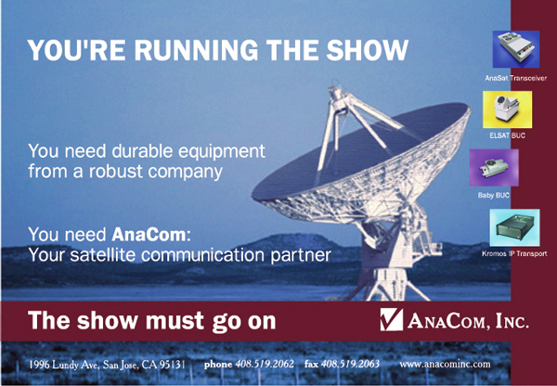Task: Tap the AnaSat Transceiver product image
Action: (x=516, y=49)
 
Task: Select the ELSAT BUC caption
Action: (x=507, y=135)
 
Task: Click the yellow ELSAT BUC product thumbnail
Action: (x=507, y=109)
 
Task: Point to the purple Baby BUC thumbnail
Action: (x=494, y=168)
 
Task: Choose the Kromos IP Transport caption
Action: (x=514, y=253)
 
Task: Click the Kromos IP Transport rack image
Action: (x=514, y=227)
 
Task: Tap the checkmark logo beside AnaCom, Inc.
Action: (x=392, y=319)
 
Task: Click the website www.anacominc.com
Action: (x=445, y=364)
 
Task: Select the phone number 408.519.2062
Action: (x=265, y=364)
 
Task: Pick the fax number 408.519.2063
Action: (x=350, y=364)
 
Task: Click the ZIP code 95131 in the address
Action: (x=174, y=365)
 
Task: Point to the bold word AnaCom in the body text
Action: (x=149, y=235)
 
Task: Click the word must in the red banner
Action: (x=175, y=321)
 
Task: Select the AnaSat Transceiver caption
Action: (x=516, y=78)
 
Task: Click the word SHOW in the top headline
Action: (x=368, y=50)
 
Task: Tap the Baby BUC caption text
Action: (x=494, y=195)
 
